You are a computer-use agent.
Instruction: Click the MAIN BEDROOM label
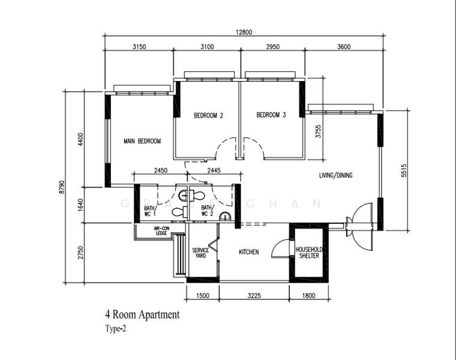point(142,142)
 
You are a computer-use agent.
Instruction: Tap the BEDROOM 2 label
point(208,115)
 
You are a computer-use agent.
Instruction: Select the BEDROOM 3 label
point(271,115)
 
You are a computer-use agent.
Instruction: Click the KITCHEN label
point(248,252)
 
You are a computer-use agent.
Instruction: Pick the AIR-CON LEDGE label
point(161,231)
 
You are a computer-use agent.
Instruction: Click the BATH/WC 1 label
point(149,211)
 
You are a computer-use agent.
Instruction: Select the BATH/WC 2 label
point(207,211)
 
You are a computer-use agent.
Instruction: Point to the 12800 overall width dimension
point(243,33)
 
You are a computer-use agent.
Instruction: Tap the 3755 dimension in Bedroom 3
point(319,131)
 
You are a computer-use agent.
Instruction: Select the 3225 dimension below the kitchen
point(254,296)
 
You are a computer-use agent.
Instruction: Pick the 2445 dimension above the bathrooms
point(213,171)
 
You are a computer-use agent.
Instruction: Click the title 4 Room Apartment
point(142,314)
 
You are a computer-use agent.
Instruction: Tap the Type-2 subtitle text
point(116,328)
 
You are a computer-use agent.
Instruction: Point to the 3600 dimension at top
point(344,47)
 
